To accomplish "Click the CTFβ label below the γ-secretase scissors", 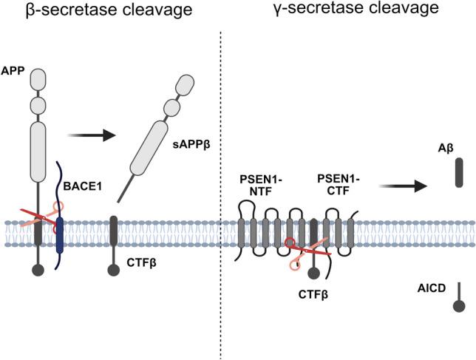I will [313, 295].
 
